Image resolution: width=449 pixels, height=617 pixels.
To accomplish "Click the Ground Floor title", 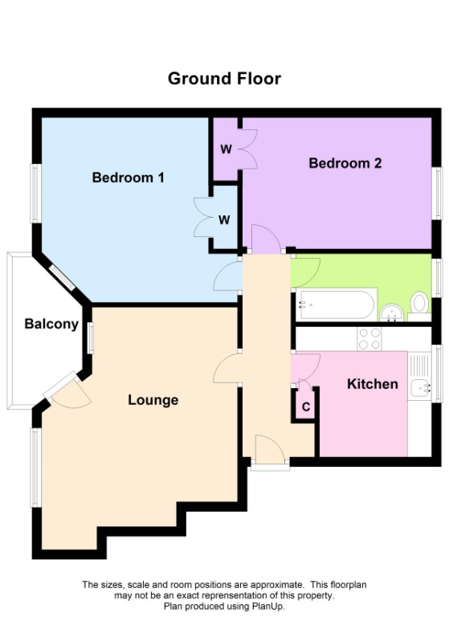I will coord(224,79).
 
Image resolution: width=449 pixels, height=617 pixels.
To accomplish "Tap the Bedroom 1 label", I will coord(129,178).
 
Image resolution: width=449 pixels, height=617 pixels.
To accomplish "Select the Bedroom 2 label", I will coord(345,164).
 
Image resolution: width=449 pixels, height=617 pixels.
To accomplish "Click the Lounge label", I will coord(153,400).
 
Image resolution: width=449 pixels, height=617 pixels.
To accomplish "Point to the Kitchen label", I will coord(372,384).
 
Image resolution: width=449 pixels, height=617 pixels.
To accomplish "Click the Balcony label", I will coord(51,325).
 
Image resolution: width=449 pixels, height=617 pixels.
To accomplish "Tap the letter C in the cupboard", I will coord(306,407).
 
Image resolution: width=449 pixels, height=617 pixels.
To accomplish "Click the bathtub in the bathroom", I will coord(337,304).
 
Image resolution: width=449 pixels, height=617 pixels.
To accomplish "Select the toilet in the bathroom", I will coord(419,303).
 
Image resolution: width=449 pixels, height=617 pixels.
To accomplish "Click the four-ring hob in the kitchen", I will coord(369,339).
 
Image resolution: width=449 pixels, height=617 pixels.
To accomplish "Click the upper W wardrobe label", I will coord(226,149).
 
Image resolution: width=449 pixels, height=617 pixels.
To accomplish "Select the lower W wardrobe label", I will coord(225,219).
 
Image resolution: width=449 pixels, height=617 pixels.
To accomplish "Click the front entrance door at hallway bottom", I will coord(270,450).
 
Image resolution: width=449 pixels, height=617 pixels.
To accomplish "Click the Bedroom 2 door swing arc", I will coord(265,239).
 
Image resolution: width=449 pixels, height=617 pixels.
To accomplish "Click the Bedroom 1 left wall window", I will coord(35,193).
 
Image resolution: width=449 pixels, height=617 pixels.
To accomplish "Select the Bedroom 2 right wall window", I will coord(438,193).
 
